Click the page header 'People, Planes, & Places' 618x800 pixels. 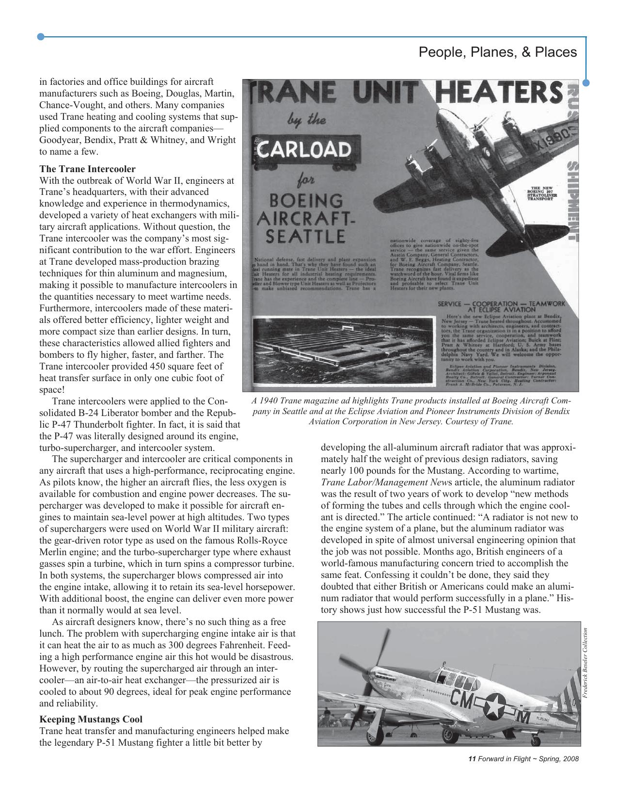tap(497, 52)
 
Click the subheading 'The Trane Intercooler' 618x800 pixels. tap(87, 169)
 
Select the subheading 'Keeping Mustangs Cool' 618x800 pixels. tap(91, 719)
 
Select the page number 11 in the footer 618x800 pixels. tap(473, 759)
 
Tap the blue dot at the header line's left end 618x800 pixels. tap(41, 36)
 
